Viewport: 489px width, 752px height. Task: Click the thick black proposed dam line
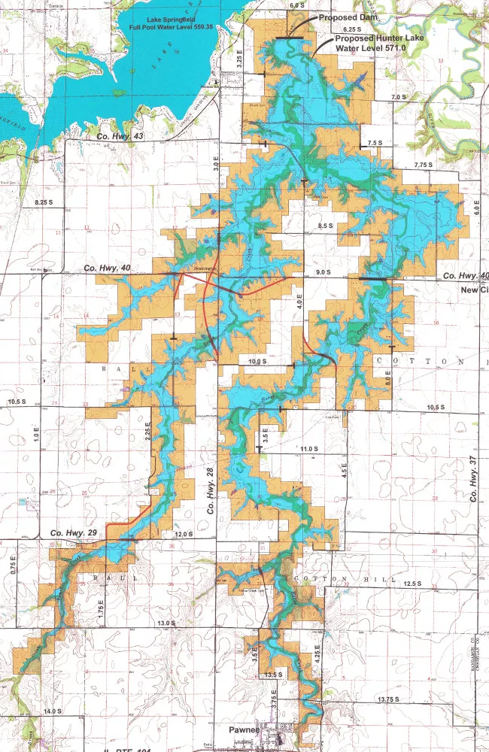290,38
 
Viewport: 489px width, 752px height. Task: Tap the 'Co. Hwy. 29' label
73,533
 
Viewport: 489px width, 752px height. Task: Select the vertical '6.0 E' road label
475,205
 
